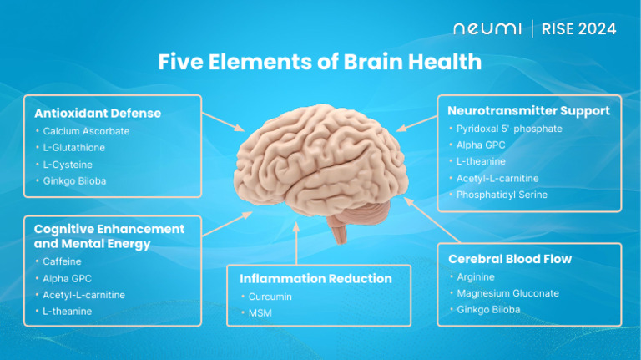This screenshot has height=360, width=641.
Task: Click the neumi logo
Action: click(x=487, y=29)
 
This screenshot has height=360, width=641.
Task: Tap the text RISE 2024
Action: click(x=578, y=29)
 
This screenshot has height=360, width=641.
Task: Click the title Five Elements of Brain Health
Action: click(x=320, y=62)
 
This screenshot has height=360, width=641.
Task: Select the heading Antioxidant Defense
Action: click(x=98, y=113)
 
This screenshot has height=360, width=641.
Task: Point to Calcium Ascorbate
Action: click(x=86, y=131)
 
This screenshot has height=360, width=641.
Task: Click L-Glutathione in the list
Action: click(x=73, y=148)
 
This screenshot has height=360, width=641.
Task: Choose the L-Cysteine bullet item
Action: click(x=68, y=165)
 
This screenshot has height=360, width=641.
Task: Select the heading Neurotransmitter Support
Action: click(x=528, y=110)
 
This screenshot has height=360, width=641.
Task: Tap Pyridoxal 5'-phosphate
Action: click(x=509, y=129)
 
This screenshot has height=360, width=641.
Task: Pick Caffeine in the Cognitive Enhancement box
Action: click(x=62, y=261)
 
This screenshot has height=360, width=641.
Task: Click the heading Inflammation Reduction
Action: click(x=315, y=278)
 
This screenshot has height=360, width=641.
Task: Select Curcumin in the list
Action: click(x=270, y=297)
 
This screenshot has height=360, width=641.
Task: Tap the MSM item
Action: click(x=260, y=313)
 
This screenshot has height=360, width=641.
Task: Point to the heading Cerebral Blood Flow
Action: click(x=509, y=259)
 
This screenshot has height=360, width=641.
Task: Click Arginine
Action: click(x=476, y=277)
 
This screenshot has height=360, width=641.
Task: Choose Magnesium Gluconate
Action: click(x=507, y=293)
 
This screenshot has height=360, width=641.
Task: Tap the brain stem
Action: click(x=337, y=230)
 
